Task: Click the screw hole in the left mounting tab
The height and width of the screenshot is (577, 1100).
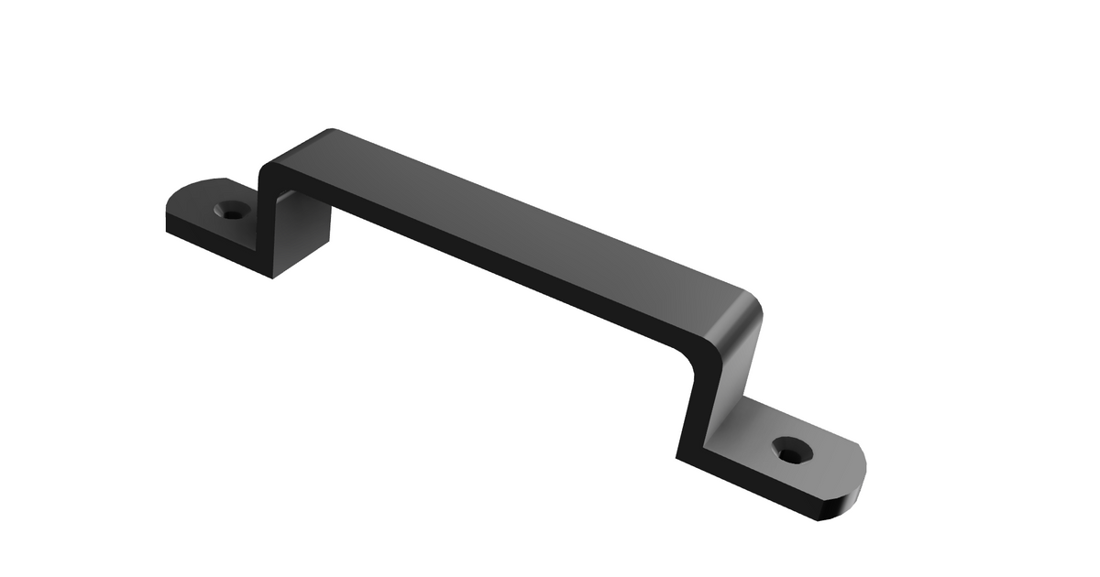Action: point(233,212)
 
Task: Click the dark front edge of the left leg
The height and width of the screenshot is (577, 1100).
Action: point(262,220)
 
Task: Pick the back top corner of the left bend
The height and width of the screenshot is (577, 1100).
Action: point(331,130)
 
